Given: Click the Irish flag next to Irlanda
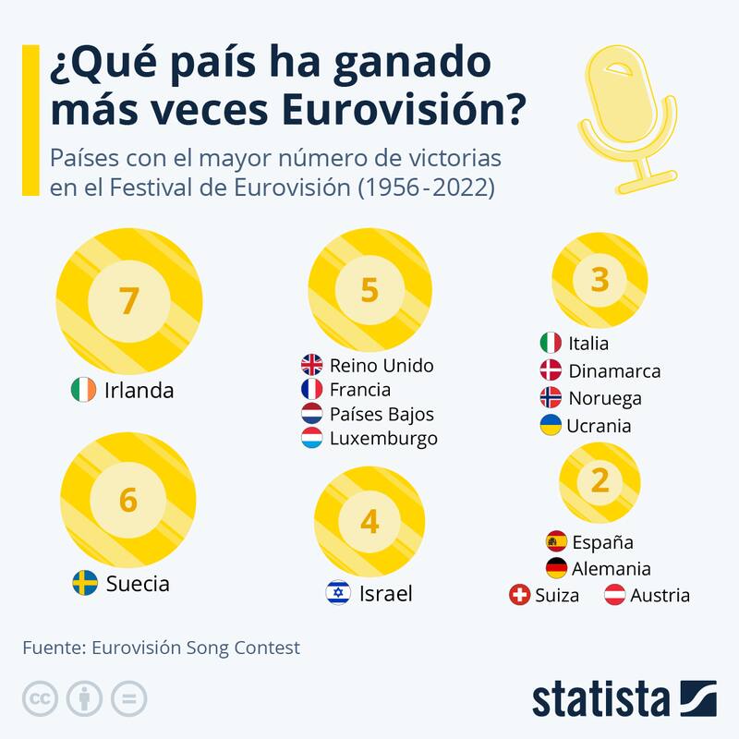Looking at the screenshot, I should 82,390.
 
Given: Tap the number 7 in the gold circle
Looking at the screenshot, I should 128,301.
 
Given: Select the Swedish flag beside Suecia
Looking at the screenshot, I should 85,583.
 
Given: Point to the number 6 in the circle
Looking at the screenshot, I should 128,500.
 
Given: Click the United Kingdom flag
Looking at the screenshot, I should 312,365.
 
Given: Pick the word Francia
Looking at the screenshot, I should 359,389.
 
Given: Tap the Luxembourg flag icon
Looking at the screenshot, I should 312,438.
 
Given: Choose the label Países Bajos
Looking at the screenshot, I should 381,414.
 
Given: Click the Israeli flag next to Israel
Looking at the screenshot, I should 338,592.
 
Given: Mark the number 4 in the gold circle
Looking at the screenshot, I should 369,522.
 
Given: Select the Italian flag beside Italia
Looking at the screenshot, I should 551,343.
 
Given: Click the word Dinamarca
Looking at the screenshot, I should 614,370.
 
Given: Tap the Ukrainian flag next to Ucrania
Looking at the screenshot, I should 551,426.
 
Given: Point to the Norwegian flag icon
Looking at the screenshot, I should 551,398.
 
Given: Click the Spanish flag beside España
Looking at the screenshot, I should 556,541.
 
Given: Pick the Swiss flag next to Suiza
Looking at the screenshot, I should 520,595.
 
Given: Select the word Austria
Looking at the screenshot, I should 660,595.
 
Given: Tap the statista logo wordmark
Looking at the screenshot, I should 600,697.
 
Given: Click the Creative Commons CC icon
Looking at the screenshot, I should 40,697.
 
